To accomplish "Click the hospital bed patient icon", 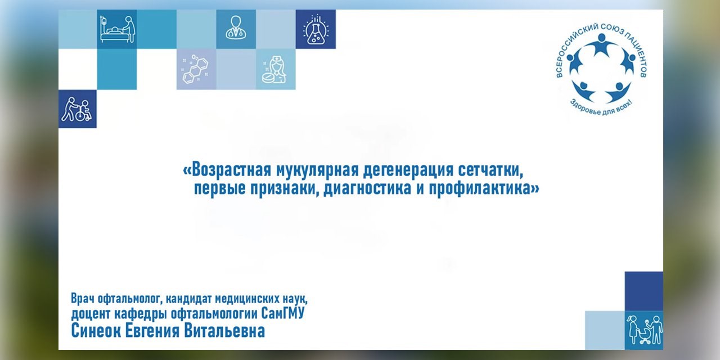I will tap(117, 29).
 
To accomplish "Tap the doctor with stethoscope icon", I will tap(236, 29).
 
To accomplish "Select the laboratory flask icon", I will tap(316, 29).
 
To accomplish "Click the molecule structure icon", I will tap(196, 69).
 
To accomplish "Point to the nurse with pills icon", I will tap(275, 70).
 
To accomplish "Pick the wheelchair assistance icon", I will tap(78, 109).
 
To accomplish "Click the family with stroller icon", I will tap(644, 330).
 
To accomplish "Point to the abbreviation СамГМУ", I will tap(283, 313).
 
